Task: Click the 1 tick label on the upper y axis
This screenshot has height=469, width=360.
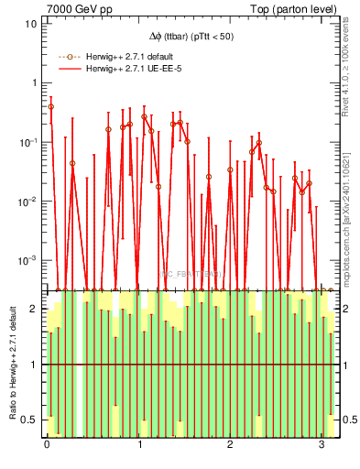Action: [x=34, y=82]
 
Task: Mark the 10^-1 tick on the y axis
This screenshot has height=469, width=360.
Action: [x=29, y=142]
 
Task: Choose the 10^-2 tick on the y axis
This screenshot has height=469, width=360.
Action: [x=29, y=201]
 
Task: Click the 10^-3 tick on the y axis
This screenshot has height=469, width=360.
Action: [x=29, y=260]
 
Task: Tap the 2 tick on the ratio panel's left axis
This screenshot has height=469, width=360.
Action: [x=34, y=309]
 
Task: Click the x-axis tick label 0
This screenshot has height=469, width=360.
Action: [x=47, y=444]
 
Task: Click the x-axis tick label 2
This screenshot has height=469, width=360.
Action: [x=229, y=444]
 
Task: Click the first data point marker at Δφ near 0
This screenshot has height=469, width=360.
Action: [x=50, y=106]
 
